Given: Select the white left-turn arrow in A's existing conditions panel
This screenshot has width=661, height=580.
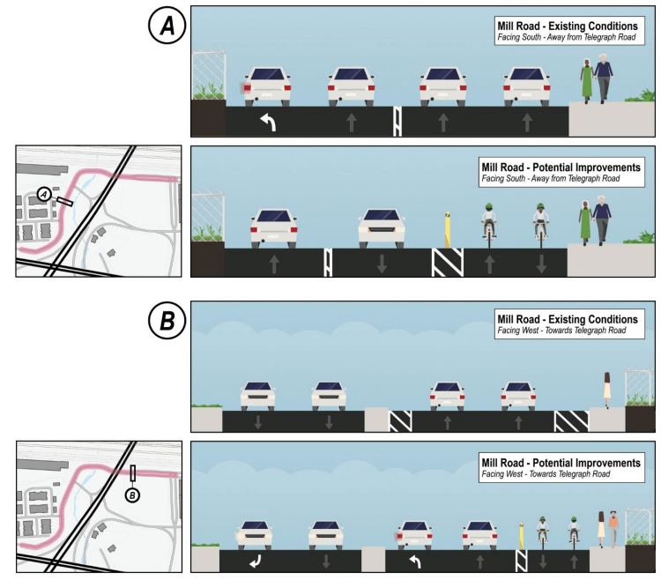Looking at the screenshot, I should [265, 123].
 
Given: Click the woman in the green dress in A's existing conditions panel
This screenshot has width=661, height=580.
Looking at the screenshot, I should [585, 80].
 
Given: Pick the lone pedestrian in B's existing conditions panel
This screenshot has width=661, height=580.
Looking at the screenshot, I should [607, 390].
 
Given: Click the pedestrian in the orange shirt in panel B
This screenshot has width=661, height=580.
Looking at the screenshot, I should [613, 526].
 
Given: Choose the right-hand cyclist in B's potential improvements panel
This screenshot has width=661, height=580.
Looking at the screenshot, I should [574, 531].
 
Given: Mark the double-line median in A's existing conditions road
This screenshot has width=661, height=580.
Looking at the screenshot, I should [397, 122].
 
